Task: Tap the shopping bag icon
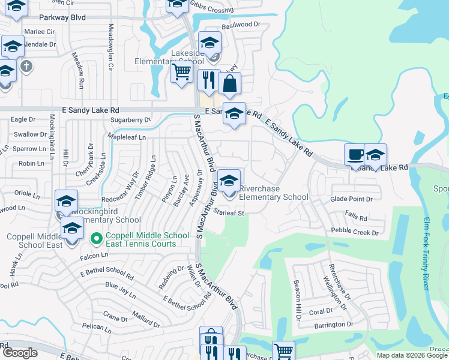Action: pyautogui.click(x=229, y=84)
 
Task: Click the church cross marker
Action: pyautogui.click(x=26, y=65)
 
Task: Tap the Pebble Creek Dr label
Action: pyautogui.click(x=355, y=232)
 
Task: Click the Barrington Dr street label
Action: pyautogui.click(x=333, y=325)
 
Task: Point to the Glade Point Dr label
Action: pyautogui.click(x=351, y=199)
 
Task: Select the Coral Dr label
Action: pyautogui.click(x=321, y=311)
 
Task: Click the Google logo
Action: pyautogui.click(x=20, y=353)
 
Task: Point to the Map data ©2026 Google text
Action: pyautogui.click(x=412, y=355)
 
